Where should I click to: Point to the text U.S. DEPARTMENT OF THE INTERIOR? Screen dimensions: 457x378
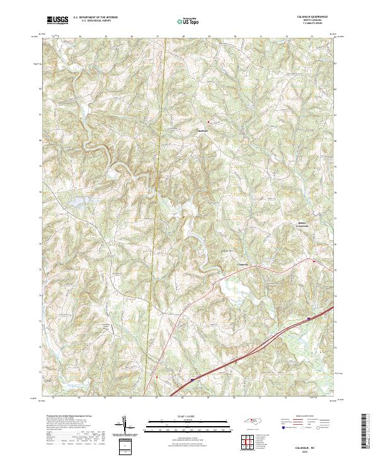point(95,18)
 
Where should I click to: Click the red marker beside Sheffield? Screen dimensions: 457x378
point(209,122)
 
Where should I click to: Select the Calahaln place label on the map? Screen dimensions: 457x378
point(243,263)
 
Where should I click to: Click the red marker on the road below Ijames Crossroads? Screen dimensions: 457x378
point(314,259)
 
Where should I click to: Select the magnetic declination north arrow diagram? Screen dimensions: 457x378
point(125,426)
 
